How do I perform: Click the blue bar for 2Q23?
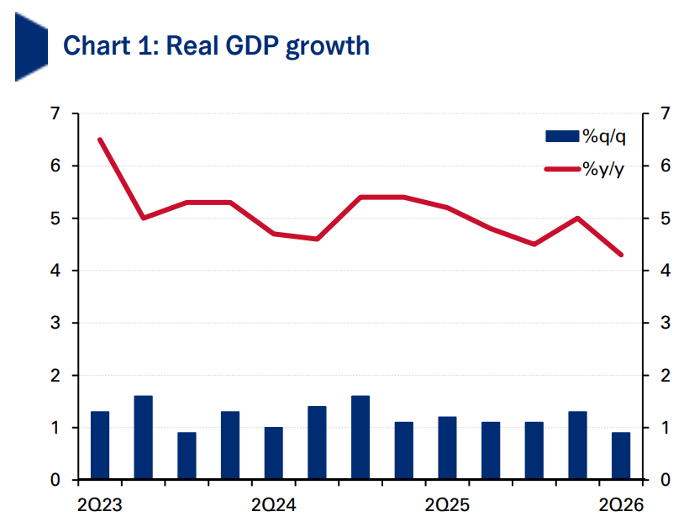100,445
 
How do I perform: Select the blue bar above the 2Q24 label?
274,453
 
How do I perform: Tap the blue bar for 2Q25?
447,447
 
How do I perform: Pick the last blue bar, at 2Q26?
621,456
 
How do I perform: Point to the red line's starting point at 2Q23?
100,140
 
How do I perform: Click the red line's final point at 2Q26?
621,255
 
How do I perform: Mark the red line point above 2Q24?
274,234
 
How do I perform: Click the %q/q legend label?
604,137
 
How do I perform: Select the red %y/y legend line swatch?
563,169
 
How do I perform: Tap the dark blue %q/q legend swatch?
562,136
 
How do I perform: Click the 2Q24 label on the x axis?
273,505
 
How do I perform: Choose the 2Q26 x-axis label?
621,505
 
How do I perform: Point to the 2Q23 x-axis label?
99,505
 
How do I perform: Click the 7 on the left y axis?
55,113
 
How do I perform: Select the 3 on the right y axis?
665,323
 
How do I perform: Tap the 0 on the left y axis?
55,480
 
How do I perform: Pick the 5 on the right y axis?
665,219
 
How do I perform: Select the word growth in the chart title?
328,46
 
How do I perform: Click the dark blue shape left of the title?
31,46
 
